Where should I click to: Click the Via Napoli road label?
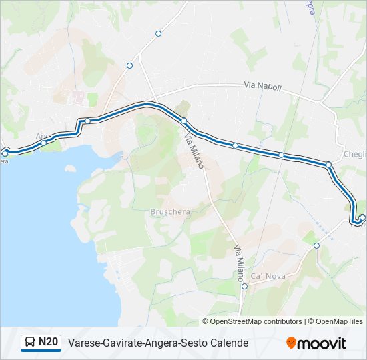tap(262, 87)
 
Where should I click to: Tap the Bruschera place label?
tap(170, 212)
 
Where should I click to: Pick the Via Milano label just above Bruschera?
tap(194, 151)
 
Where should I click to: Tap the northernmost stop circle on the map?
tap(158, 33)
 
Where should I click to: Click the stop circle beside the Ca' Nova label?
tap(244, 287)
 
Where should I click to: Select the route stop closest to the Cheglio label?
tap(328, 164)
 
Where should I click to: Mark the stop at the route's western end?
tap(5, 153)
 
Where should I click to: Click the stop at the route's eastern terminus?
tap(362, 218)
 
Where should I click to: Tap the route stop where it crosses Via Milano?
tap(183, 121)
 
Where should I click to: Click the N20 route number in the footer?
tap(48, 343)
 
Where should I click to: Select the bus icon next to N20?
tap(30, 343)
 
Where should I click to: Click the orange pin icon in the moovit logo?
tap(291, 343)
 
